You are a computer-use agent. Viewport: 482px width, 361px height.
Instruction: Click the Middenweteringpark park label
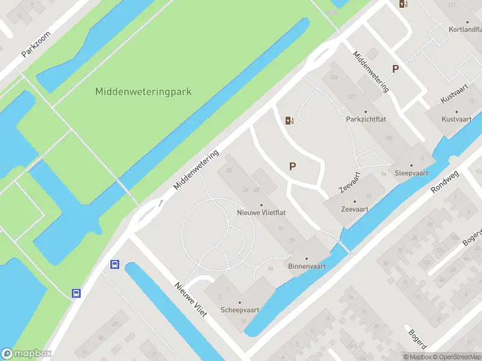[143, 92]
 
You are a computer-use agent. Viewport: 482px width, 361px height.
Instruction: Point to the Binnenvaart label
[307, 265]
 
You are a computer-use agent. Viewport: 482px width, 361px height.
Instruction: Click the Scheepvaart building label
[240, 310]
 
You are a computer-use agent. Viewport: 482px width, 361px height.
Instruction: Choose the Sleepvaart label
[412, 172]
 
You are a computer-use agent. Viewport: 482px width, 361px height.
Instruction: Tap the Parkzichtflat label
[366, 119]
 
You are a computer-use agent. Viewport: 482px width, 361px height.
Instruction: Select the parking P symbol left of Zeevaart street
[293, 167]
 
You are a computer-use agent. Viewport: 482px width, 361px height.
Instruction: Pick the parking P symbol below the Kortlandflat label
[395, 69]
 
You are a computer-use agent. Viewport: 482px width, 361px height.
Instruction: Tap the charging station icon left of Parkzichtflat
[290, 120]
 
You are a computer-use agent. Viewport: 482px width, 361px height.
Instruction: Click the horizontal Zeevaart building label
[354, 209]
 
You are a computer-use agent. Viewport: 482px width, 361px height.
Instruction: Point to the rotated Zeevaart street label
[349, 182]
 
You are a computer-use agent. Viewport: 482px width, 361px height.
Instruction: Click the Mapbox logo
[27, 354]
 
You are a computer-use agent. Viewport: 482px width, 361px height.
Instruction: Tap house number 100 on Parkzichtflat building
[387, 138]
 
